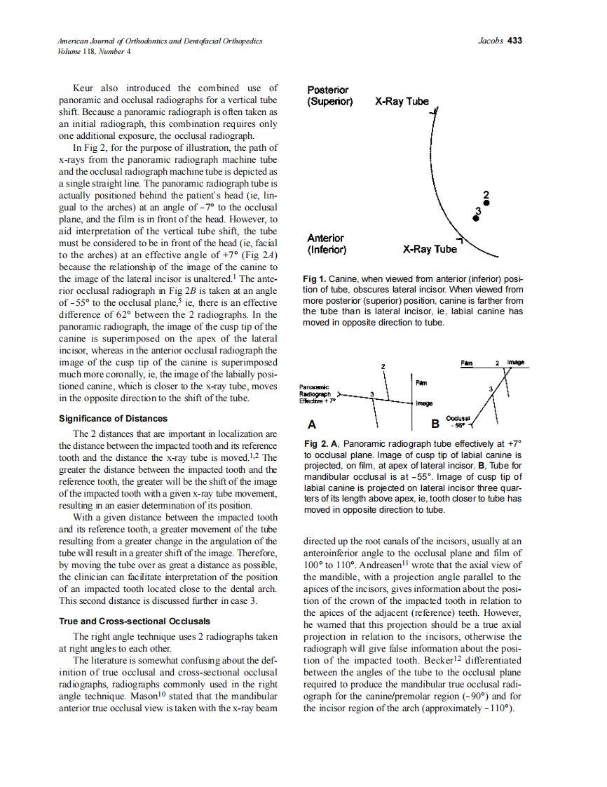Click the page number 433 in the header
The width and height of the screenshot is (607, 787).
click(515, 41)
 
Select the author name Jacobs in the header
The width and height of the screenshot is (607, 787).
click(491, 41)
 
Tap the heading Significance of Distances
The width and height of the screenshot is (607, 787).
click(113, 419)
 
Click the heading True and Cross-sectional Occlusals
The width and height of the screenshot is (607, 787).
click(135, 621)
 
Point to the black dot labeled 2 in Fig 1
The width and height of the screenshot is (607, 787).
click(486, 203)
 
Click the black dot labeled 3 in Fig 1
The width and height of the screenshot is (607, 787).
click(476, 218)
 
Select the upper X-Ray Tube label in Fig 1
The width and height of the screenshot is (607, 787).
click(402, 101)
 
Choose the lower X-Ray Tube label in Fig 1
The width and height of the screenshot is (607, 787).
click(429, 249)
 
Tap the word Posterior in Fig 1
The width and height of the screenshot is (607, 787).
click(328, 90)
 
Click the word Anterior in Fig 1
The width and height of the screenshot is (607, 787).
click(325, 238)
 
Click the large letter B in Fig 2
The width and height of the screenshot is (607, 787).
click(435, 424)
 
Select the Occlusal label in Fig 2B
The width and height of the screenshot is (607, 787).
click(458, 417)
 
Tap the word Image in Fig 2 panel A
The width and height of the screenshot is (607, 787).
click(424, 403)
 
